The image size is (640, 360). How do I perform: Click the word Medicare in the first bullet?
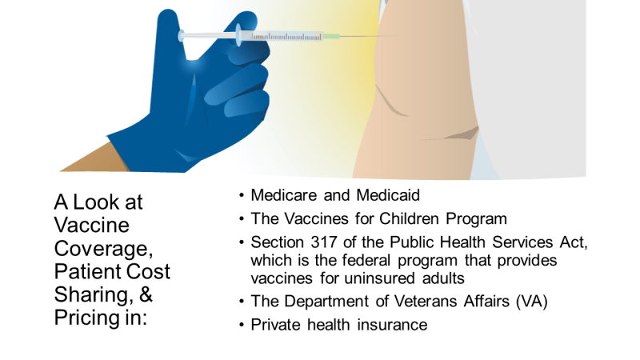(284, 195)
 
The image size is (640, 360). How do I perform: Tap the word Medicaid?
(388, 195)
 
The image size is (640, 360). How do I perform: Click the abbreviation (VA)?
(531, 302)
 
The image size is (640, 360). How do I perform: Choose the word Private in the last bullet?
(275, 325)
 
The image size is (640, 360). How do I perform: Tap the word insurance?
(392, 325)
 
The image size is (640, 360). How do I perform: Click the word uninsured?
(379, 278)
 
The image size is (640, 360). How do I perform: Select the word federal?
(366, 261)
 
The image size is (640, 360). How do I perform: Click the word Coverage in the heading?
(103, 249)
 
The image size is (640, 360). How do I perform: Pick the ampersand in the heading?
(146, 294)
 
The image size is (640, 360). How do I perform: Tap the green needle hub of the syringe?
(331, 36)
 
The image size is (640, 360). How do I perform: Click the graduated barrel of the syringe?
(286, 37)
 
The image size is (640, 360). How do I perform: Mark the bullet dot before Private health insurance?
(242, 325)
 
